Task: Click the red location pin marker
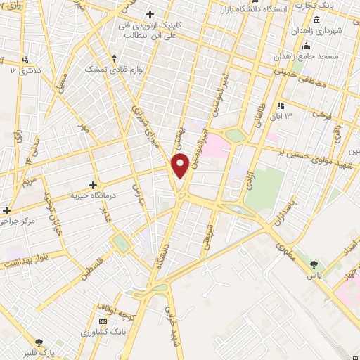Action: (181, 165)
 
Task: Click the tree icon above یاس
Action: (313, 264)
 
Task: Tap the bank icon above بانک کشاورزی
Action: (103, 320)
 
